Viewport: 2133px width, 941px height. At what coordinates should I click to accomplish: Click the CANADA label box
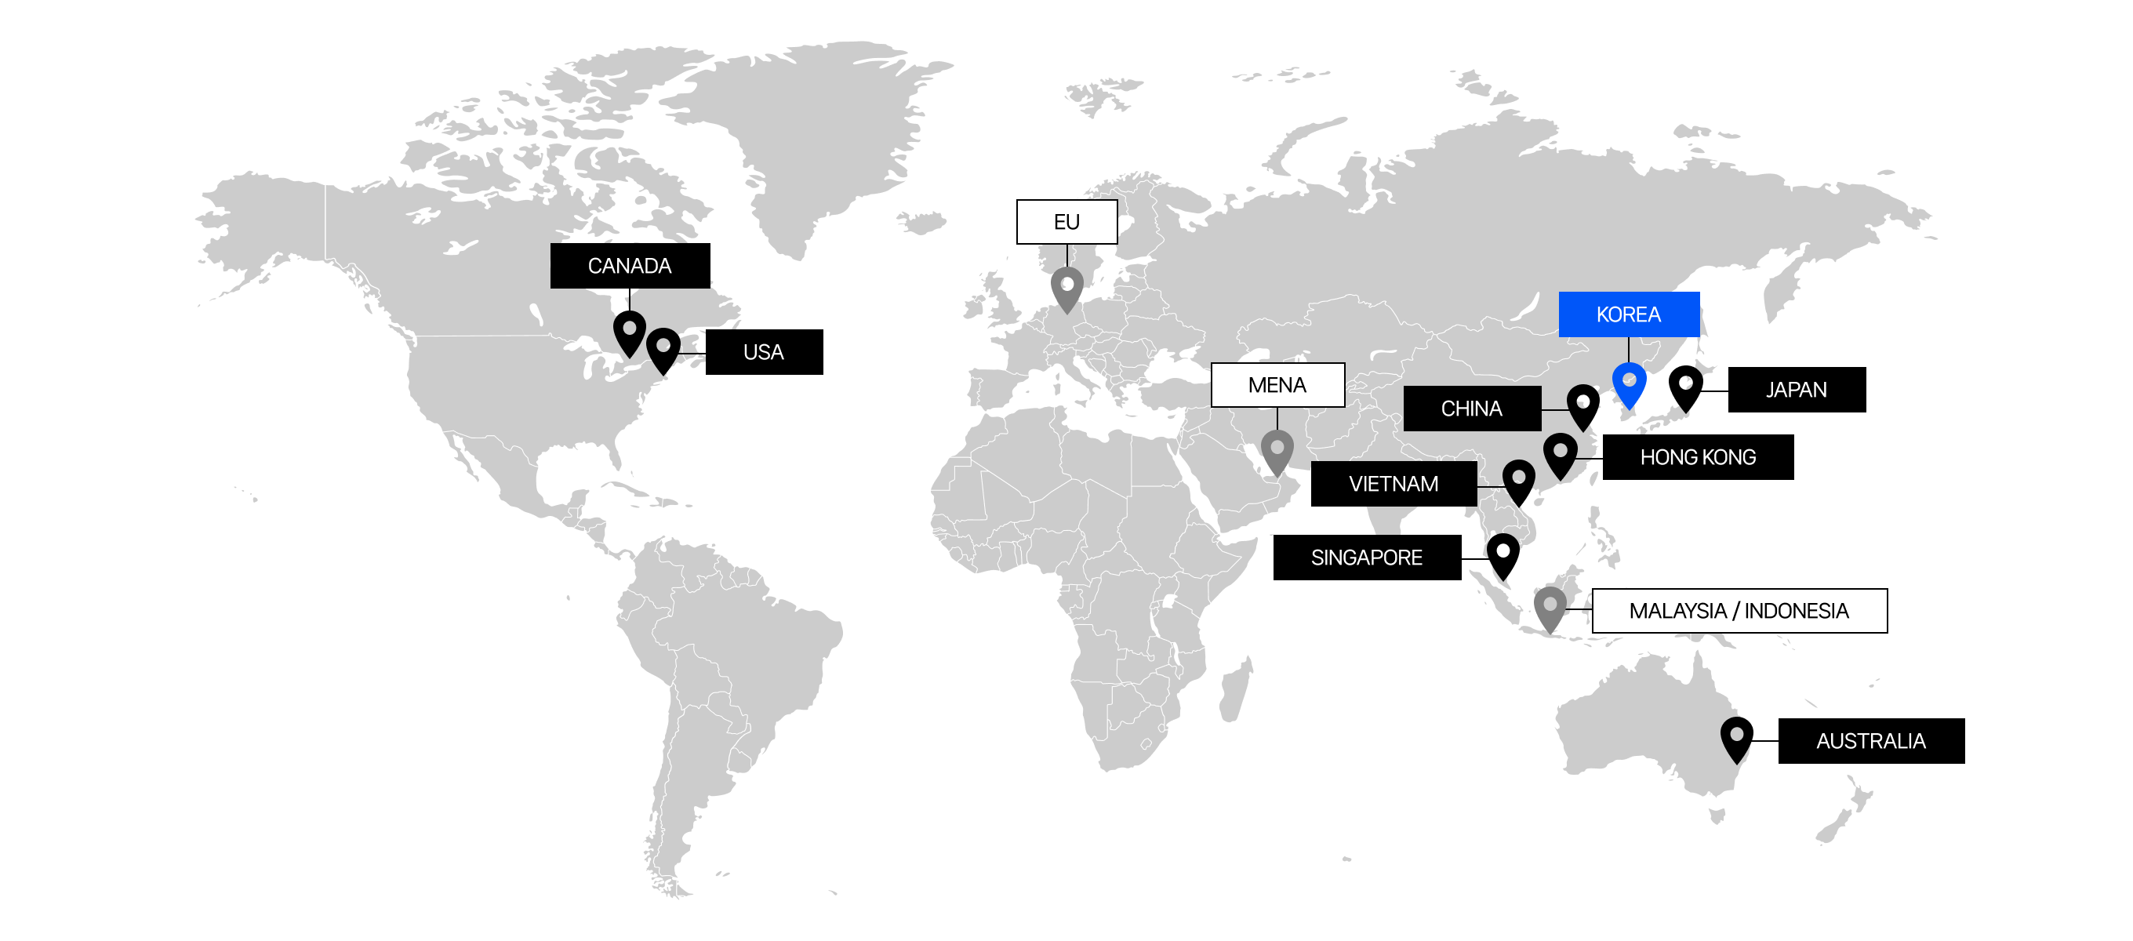629,266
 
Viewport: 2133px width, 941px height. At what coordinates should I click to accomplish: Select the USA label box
764,352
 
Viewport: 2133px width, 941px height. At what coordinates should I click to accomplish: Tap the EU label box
1066,222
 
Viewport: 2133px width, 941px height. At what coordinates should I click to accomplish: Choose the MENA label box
1277,385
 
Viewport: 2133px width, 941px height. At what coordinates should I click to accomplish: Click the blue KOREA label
1628,314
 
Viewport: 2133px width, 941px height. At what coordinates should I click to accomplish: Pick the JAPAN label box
1796,389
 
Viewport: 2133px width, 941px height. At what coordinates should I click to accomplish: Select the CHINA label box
1471,409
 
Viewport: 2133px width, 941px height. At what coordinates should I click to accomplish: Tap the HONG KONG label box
1698,457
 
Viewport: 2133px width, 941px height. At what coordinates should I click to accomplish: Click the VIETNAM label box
1394,484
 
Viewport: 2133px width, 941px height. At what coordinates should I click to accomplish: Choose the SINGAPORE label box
1366,558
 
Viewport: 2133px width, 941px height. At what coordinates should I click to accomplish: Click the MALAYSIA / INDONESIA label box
1739,612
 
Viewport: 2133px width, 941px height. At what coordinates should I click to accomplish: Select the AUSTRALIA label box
1870,740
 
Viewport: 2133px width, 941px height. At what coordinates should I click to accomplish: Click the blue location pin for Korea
1629,383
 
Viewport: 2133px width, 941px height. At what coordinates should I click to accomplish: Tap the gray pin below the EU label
1066,288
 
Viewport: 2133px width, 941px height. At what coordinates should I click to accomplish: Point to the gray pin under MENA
1277,451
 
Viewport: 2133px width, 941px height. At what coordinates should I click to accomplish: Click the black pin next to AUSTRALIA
1736,737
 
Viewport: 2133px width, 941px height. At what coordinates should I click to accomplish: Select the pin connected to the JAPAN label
1685,386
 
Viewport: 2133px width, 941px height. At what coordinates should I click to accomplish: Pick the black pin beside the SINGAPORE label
1502,554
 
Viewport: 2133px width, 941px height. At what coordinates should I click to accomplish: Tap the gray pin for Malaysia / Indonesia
1550,607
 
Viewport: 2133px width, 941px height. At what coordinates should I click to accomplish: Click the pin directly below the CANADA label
629,332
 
